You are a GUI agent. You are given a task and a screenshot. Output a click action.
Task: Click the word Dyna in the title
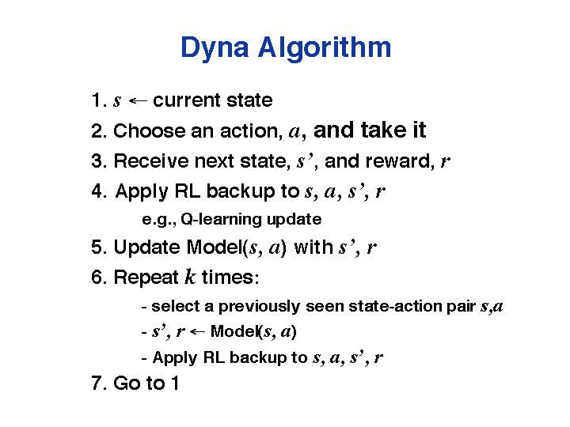tap(215, 48)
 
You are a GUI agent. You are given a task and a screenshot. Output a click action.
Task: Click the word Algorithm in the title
tap(325, 47)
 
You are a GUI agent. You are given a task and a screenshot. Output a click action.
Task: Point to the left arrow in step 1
tap(138, 100)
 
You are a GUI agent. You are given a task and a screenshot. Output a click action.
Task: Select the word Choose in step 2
tap(150, 130)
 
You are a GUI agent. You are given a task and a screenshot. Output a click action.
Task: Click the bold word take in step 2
tap(384, 130)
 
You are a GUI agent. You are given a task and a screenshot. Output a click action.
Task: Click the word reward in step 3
tap(400, 161)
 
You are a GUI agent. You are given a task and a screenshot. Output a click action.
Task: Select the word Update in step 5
tap(146, 247)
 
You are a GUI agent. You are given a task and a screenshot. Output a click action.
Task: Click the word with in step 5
tap(313, 247)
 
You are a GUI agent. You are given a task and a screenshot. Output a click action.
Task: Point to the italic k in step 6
tap(190, 276)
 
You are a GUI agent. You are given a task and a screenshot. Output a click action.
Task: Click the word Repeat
tap(146, 278)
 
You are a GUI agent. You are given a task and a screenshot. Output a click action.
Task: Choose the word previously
tap(259, 307)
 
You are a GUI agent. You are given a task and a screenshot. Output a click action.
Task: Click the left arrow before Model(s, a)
tap(197, 331)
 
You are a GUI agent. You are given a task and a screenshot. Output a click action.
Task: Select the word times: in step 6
tap(230, 277)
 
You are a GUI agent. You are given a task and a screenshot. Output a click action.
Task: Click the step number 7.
tap(98, 383)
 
